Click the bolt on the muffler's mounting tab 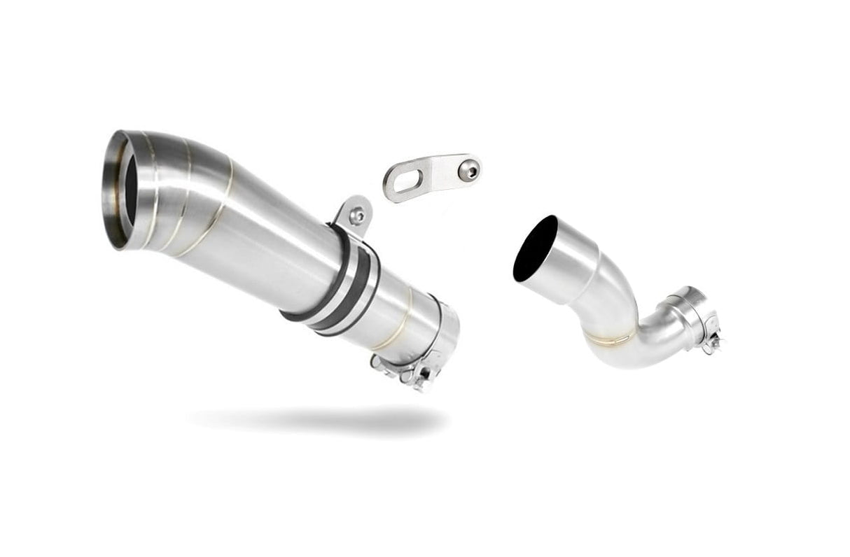click(x=357, y=216)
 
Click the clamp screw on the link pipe click(x=713, y=343)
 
